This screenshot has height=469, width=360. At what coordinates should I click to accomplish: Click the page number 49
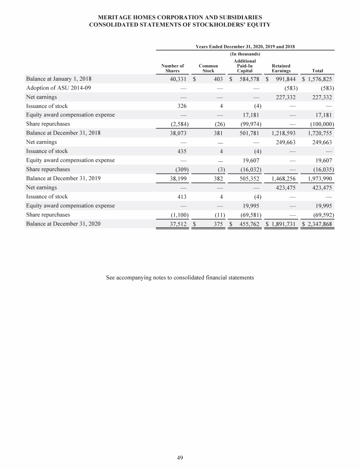coord(180,458)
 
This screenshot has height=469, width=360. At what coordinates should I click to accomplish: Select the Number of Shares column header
coord(172,68)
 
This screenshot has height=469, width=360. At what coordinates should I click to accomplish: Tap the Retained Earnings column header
coord(281,68)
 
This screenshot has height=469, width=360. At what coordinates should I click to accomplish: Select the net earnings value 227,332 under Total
coord(321,97)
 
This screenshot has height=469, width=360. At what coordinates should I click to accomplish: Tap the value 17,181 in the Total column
coord(323,115)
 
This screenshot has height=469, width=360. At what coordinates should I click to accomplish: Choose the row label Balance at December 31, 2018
coord(63,133)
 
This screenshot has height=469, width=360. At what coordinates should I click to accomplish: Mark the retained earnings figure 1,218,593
coord(281,133)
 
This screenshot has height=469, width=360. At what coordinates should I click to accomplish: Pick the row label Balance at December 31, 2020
coord(63,224)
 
